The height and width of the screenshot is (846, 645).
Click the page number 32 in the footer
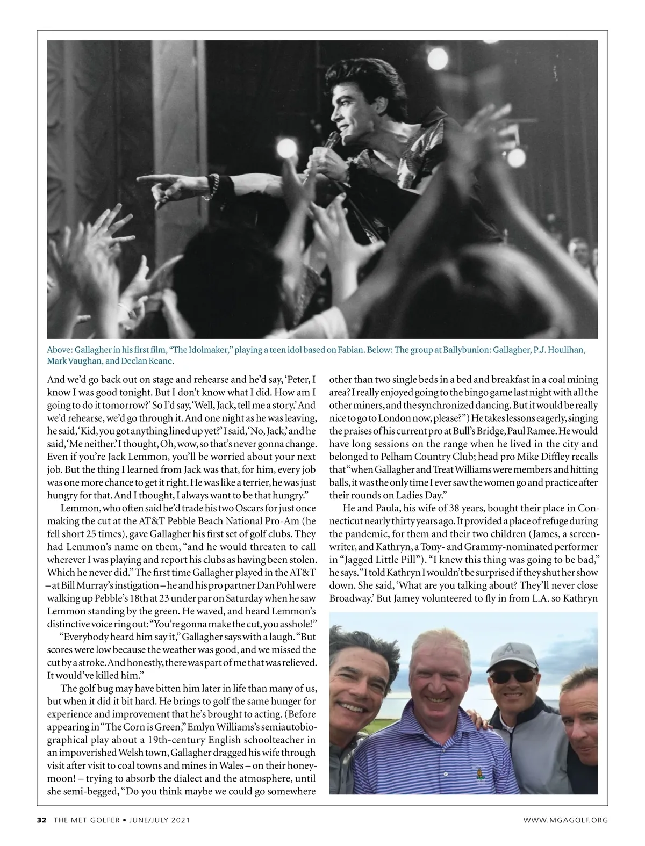coord(41,820)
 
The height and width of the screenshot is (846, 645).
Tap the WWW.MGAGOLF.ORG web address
coord(566,820)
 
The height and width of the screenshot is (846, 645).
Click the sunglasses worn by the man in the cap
coord(508,675)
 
